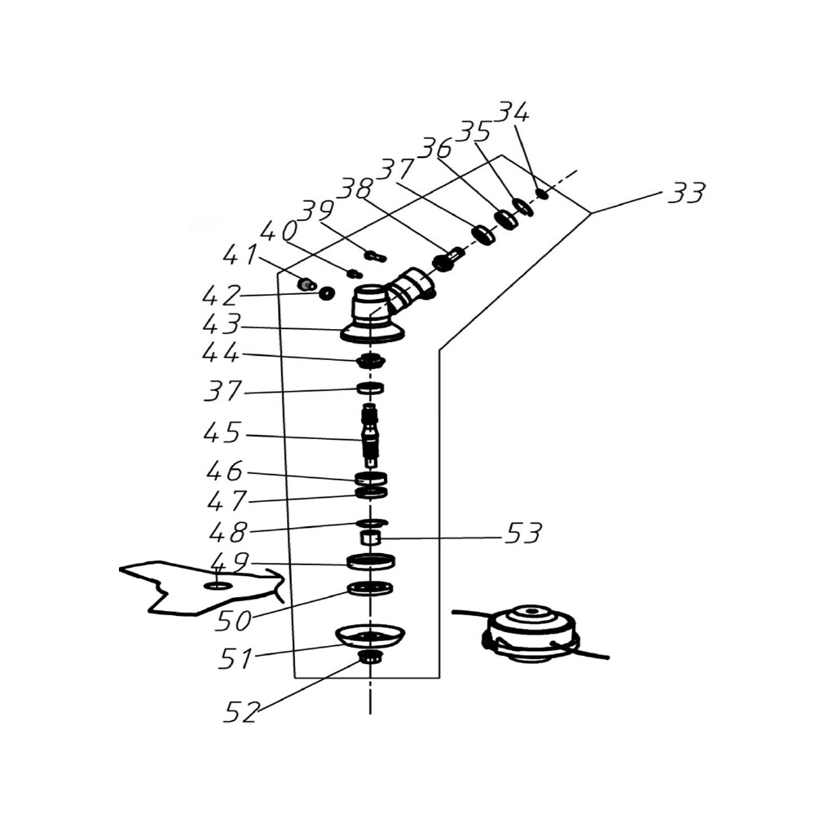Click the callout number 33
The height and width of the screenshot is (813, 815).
point(686,192)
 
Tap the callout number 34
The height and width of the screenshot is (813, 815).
point(513,112)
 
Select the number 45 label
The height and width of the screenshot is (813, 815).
point(222,433)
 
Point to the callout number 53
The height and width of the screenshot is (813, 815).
point(523,533)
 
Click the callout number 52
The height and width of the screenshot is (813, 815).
point(241,712)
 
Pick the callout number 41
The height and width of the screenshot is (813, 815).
point(240,254)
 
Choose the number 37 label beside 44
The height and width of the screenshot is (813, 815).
point(223,391)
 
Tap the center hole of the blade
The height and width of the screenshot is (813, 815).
point(218,586)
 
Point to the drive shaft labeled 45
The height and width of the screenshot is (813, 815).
point(370,433)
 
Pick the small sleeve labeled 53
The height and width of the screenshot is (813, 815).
point(371,538)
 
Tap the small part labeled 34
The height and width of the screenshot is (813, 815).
point(542,194)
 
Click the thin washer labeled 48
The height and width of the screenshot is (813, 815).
point(372,522)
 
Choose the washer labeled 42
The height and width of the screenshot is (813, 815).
point(327,293)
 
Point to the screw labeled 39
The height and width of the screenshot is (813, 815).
point(376,256)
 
